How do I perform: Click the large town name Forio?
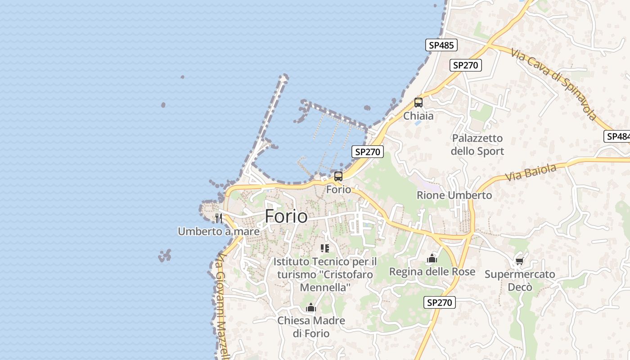tap(286, 216)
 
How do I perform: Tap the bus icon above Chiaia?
tap(418, 103)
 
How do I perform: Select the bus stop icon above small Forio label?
tap(338, 176)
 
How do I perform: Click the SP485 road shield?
tap(441, 45)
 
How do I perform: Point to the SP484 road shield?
tap(617, 136)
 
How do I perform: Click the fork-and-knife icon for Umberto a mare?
tap(219, 218)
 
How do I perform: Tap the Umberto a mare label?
tap(219, 231)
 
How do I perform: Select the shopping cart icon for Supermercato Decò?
tap(520, 261)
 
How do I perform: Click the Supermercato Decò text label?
tap(520, 280)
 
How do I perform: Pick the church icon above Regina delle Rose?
tap(432, 258)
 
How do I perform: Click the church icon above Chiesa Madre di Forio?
tap(311, 308)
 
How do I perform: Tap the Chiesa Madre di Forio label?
tap(311, 327)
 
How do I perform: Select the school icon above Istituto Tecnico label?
tap(325, 248)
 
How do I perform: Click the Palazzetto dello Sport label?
tap(477, 144)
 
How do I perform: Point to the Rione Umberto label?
tap(454, 195)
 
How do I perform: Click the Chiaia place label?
tap(418, 116)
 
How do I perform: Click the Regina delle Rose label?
tap(432, 272)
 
